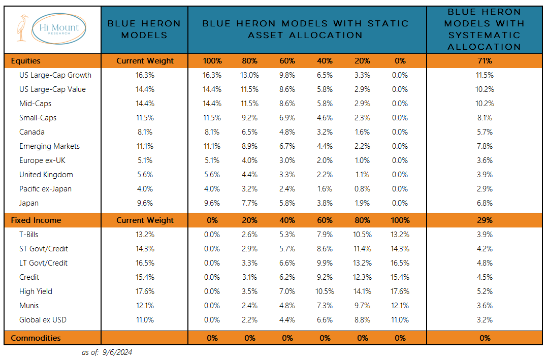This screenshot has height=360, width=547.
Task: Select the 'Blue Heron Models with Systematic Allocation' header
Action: tap(484, 29)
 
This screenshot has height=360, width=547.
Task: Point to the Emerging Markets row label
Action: tap(49, 146)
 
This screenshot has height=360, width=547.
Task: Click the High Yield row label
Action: tap(36, 291)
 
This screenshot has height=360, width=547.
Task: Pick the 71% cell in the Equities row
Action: tap(485, 61)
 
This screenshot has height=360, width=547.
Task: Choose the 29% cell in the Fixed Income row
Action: tap(485, 220)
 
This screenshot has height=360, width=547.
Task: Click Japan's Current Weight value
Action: tap(145, 203)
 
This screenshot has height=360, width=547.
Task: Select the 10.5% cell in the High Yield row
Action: tap(325, 291)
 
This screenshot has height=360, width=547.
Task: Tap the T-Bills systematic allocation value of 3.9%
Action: tap(485, 235)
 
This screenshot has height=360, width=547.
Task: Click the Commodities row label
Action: tap(36, 338)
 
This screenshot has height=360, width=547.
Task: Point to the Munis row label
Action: tap(29, 306)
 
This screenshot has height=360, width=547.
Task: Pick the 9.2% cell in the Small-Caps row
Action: tap(249, 118)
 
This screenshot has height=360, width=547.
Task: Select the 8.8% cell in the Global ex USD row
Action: tap(363, 320)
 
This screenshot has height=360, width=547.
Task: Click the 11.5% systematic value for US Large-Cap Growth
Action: tap(485, 75)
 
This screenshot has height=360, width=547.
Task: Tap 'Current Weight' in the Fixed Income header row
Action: tap(145, 220)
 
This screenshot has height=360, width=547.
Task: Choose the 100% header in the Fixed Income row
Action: tap(400, 220)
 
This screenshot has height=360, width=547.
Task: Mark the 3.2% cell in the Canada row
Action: tap(325, 132)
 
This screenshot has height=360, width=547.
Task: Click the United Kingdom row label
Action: tap(46, 175)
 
